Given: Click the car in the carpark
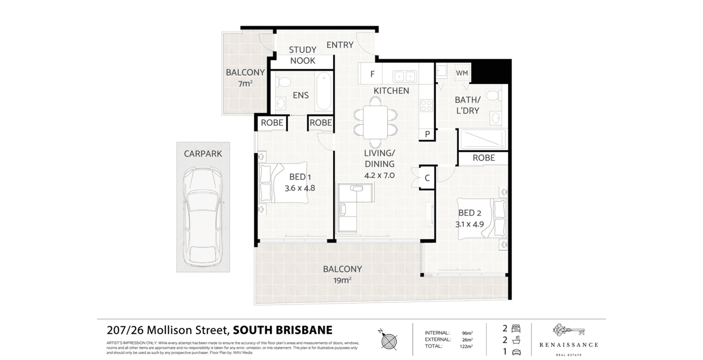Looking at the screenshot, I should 203,216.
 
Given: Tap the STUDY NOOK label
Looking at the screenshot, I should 302,55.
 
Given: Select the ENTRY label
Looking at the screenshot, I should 340,44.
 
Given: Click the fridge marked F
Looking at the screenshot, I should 372,74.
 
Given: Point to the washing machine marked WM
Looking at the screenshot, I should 461,73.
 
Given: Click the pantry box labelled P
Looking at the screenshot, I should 427,134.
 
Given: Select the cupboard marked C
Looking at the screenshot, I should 427,178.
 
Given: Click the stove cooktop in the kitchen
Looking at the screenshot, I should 426,106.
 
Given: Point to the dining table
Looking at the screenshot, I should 375,122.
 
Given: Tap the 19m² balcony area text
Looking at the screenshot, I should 342,280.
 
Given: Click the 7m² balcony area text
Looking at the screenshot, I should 245,83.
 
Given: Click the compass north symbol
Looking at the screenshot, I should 388,340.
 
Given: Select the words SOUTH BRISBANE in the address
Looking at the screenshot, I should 282,330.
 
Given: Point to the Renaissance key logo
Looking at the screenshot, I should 568,330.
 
